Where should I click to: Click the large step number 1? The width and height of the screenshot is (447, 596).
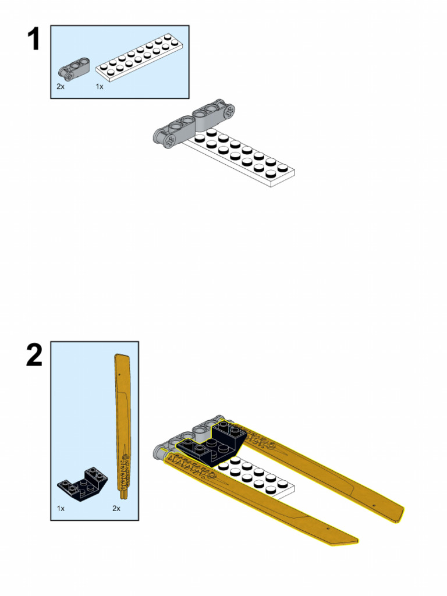(x=34, y=39)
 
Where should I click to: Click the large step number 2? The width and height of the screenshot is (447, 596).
(x=34, y=355)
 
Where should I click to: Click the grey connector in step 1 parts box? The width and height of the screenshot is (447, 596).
(x=74, y=69)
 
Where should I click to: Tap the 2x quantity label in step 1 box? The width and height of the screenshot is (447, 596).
(x=61, y=86)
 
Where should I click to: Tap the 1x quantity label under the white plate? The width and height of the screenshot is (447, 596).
(x=99, y=86)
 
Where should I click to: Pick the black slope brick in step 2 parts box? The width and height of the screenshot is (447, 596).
(x=83, y=483)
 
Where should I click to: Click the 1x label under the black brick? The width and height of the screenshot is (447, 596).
(x=61, y=508)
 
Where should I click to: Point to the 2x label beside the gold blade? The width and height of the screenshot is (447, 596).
(x=116, y=508)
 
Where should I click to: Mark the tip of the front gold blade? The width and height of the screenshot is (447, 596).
(x=357, y=541)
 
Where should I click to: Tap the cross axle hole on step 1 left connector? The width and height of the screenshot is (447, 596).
(x=169, y=140)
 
